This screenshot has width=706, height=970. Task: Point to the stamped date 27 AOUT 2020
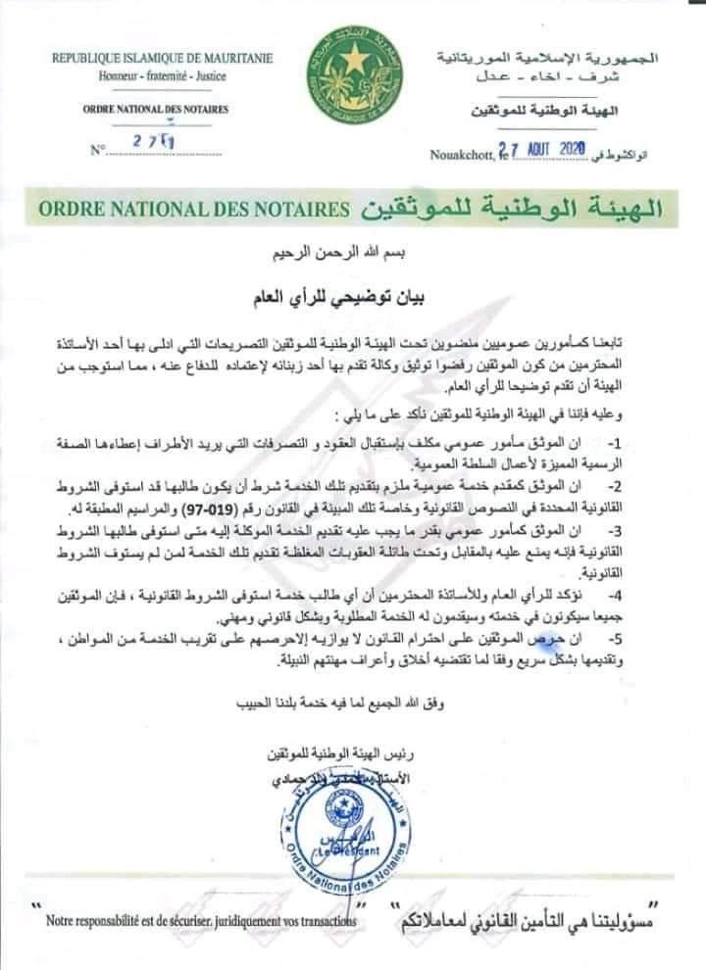540,149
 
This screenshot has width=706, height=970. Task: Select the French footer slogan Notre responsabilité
195,921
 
